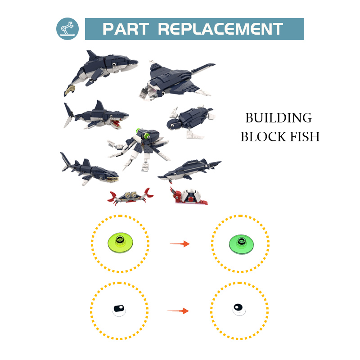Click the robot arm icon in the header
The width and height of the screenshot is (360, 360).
pyautogui.click(x=67, y=29)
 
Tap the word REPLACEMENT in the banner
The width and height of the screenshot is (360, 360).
pyautogui.click(x=220, y=29)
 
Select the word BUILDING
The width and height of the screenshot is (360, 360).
pyautogui.click(x=278, y=118)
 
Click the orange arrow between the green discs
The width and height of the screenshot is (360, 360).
pyautogui.click(x=180, y=244)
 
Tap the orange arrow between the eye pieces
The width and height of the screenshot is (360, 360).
pyautogui.click(x=178, y=310)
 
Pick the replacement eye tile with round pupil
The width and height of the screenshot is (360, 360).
pyautogui.click(x=238, y=309)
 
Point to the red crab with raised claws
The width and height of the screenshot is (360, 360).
pyautogui.click(x=130, y=196)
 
